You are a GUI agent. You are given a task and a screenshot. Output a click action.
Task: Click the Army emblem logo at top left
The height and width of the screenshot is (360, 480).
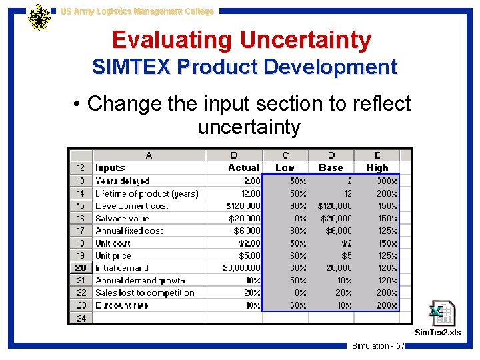(x=39, y=17)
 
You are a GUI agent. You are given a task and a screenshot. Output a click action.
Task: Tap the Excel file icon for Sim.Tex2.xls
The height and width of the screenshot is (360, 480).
(x=441, y=313)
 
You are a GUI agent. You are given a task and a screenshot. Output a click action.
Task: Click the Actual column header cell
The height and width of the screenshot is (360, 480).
(x=244, y=168)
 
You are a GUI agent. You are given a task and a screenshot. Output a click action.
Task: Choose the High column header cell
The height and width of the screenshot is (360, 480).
(x=377, y=168)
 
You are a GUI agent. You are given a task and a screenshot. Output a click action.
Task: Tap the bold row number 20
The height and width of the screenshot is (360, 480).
(x=81, y=268)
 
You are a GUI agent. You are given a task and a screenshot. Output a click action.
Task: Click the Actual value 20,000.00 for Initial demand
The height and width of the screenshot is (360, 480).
(x=241, y=268)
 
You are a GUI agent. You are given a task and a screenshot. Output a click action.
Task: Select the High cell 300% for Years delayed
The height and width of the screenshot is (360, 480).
(x=387, y=181)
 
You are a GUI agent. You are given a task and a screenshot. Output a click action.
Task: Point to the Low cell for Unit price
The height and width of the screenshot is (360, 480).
(x=297, y=256)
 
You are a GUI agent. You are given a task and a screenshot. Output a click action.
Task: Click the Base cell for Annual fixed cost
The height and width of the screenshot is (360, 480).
(x=339, y=231)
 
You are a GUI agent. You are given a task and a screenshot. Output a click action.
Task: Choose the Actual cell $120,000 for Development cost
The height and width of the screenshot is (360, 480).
(x=243, y=206)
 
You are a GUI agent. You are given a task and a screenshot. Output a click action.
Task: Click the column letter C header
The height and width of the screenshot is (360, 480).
(x=285, y=155)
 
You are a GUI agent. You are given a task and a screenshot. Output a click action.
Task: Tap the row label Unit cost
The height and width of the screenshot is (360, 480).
(x=113, y=243)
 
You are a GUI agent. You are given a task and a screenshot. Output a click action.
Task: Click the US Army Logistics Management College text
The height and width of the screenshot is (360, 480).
(x=137, y=11)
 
